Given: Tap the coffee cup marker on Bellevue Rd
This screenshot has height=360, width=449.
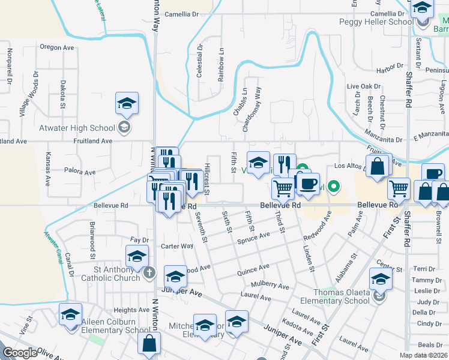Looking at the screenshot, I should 309,184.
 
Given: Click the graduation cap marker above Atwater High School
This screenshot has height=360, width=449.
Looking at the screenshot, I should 127,103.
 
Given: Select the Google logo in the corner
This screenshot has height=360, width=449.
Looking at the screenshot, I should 20,353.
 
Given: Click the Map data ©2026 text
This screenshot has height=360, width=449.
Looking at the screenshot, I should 424,355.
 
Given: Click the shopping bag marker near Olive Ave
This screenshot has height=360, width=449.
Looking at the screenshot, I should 149,344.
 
